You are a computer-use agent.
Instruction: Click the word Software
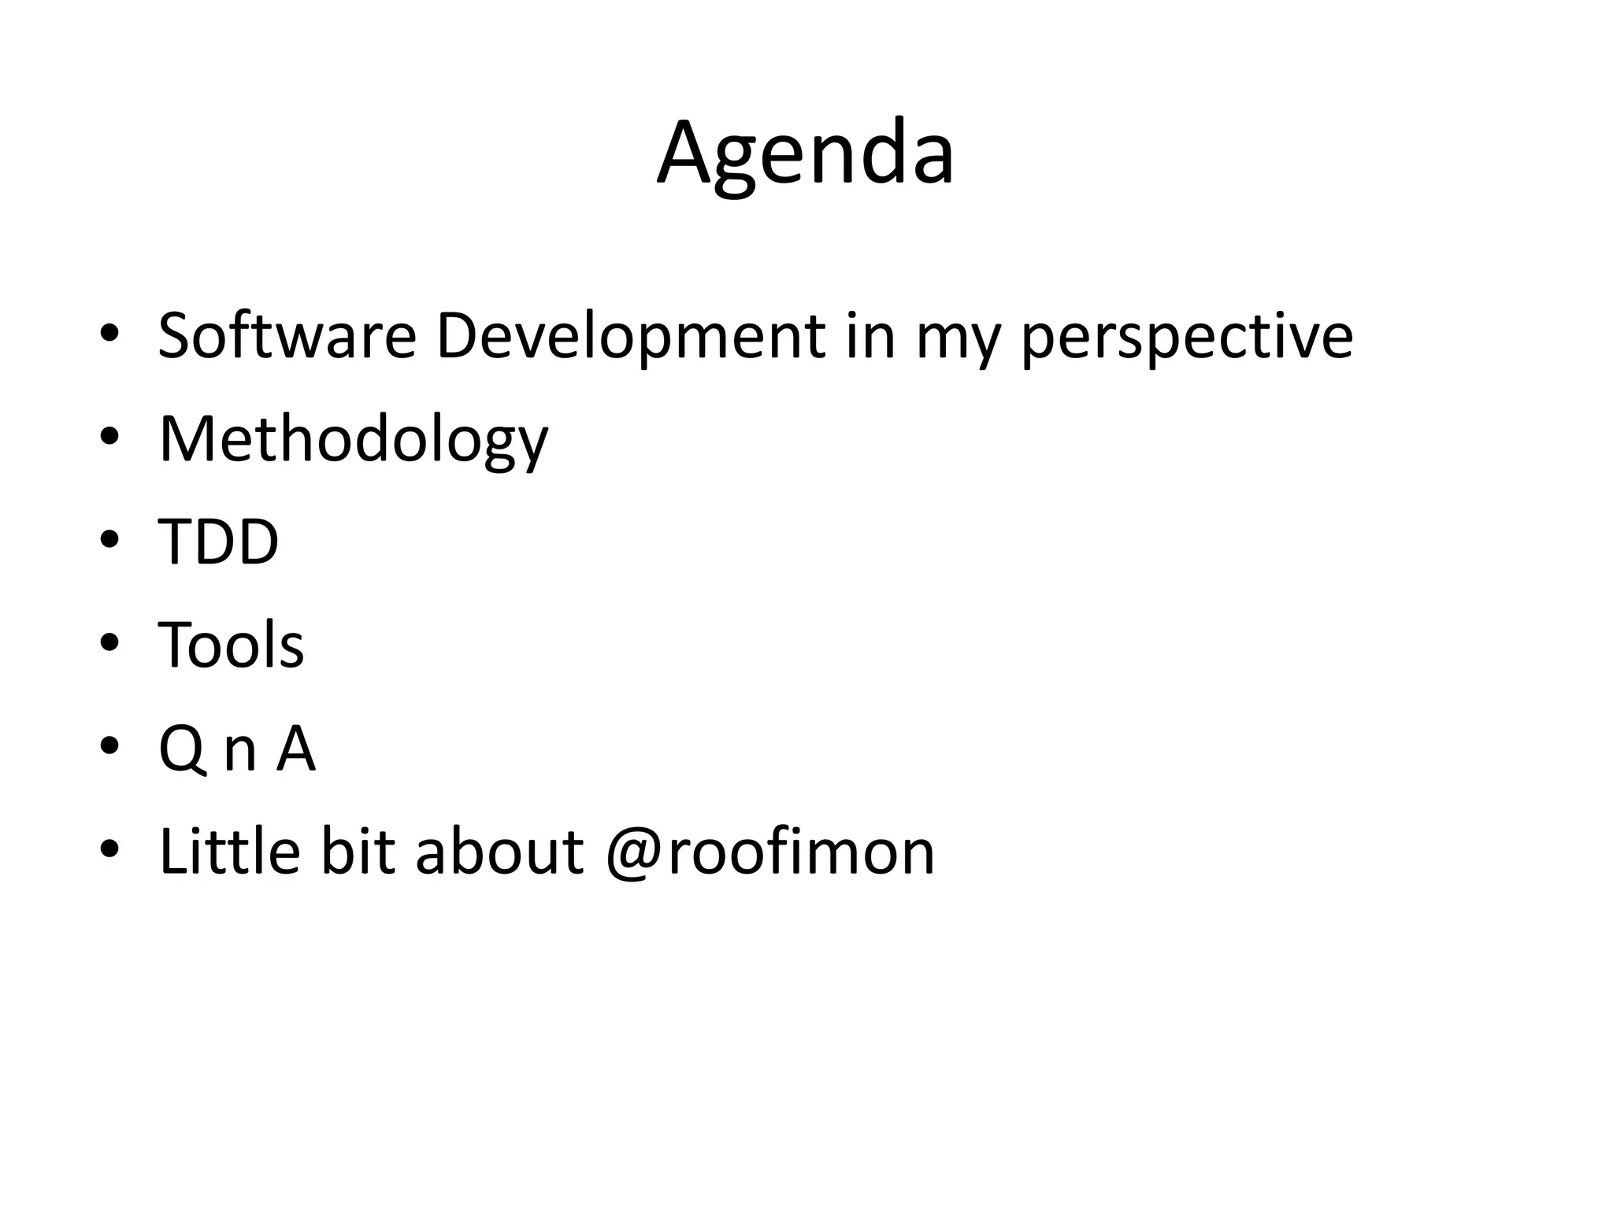pyautogui.click(x=287, y=336)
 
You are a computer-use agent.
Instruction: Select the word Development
pyautogui.click(x=630, y=336)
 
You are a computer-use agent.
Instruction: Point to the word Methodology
pyautogui.click(x=353, y=441)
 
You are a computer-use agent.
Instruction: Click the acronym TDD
pyautogui.click(x=218, y=542)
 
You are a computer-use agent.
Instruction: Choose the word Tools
pyautogui.click(x=231, y=645)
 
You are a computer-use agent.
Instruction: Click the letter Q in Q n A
pyautogui.click(x=182, y=749)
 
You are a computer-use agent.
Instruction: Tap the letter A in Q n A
pyautogui.click(x=295, y=749)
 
